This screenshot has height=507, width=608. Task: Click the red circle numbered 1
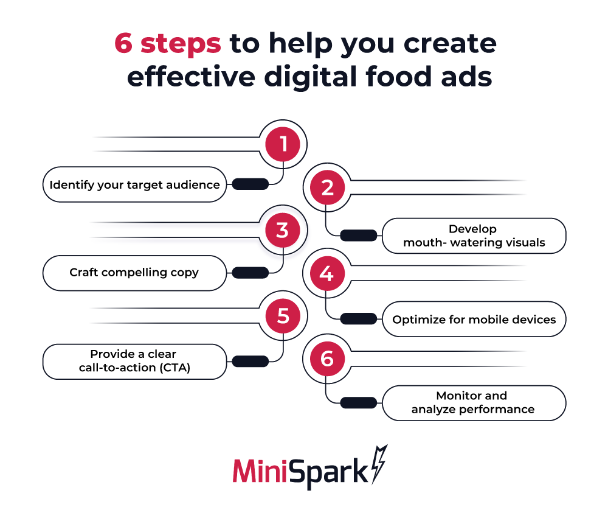[283, 144]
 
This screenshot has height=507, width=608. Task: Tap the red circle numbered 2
[327, 187]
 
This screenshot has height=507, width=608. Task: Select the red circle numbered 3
[283, 231]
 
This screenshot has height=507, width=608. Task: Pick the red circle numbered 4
[327, 274]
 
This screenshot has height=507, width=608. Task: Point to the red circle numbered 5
[283, 315]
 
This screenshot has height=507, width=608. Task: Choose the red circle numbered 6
[327, 358]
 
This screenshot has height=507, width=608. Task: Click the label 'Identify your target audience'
[134, 184]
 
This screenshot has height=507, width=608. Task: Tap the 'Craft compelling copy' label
[134, 272]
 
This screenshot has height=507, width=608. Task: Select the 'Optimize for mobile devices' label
[474, 319]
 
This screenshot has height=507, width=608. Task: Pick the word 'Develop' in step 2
[472, 229]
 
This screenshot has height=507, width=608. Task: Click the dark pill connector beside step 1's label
[250, 184]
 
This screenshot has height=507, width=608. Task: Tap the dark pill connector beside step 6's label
[358, 402]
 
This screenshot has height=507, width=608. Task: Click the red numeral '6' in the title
[125, 44]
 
